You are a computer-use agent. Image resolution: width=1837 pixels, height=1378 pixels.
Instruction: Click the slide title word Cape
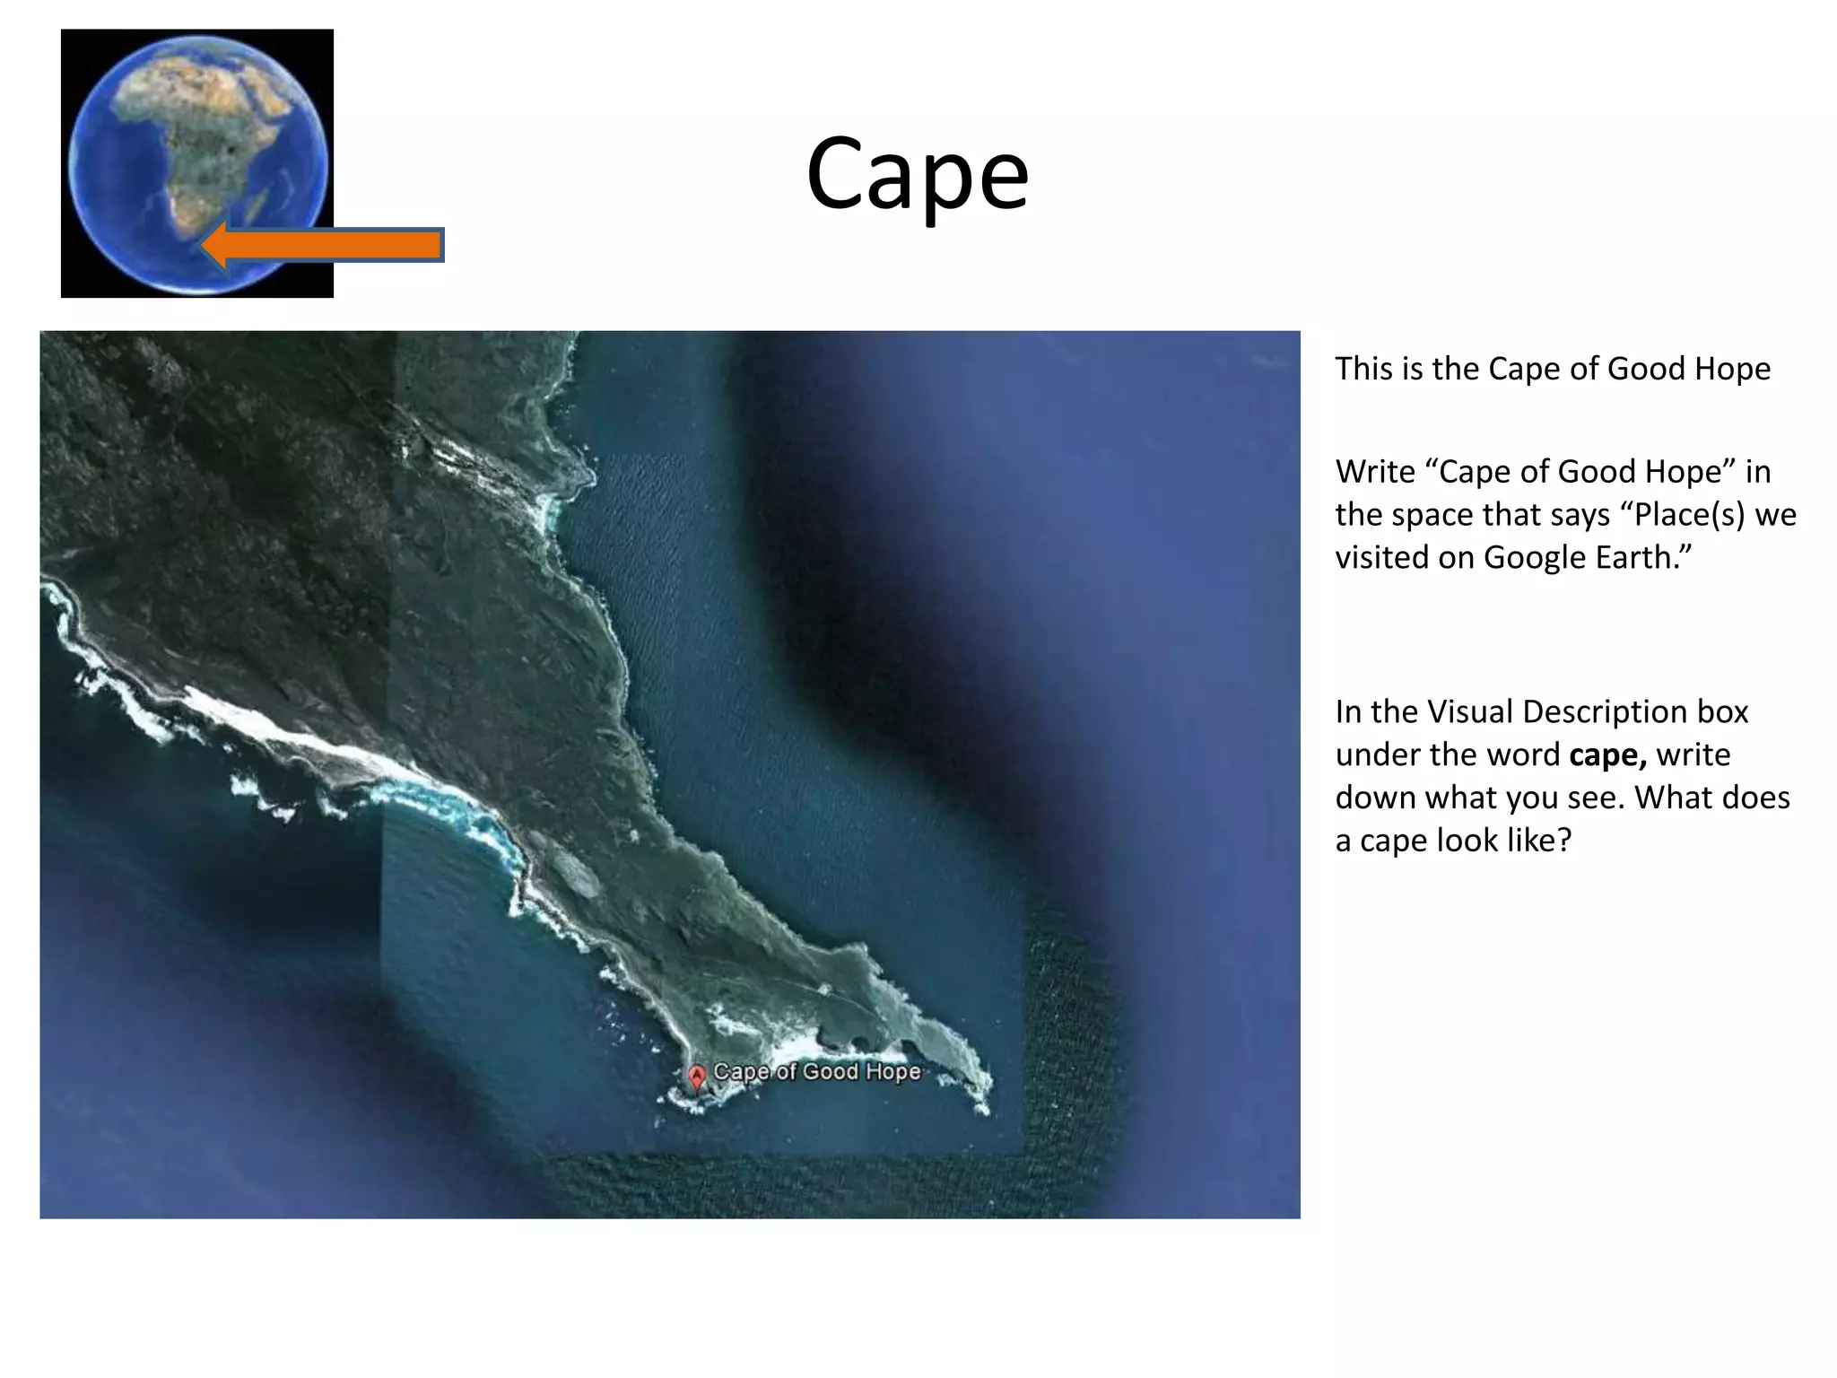pyautogui.click(x=917, y=174)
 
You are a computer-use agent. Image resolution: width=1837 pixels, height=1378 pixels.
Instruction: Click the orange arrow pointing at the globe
pyautogui.click(x=332, y=245)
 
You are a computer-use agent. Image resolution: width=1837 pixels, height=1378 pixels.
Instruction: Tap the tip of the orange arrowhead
pyautogui.click(x=202, y=245)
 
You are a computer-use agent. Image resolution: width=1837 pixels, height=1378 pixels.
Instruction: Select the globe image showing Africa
pyautogui.click(x=197, y=162)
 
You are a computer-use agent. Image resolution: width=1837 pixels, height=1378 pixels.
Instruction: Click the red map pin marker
pyautogui.click(x=697, y=1077)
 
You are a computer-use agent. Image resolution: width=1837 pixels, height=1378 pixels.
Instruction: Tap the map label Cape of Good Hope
pyautogui.click(x=816, y=1072)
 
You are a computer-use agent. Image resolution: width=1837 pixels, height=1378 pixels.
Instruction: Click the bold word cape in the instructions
pyautogui.click(x=1607, y=755)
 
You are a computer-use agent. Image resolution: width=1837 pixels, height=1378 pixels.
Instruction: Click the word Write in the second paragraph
pyautogui.click(x=1375, y=472)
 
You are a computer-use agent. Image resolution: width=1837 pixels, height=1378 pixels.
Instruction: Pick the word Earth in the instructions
pyautogui.click(x=1643, y=558)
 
